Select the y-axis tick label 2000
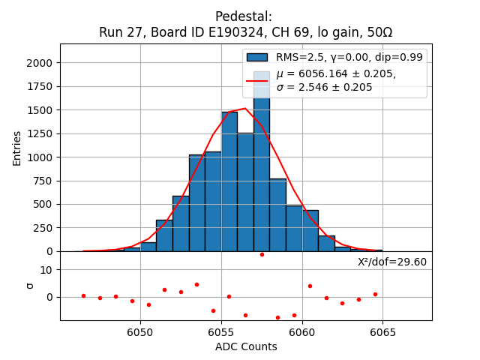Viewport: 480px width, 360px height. (x=41, y=63)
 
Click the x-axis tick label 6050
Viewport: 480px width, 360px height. (x=140, y=332)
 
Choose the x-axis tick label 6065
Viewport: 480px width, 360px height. (x=382, y=332)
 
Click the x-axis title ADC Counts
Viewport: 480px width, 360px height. (x=246, y=346)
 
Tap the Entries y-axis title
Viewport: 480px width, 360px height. (x=17, y=148)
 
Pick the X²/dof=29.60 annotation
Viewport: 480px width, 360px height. (x=391, y=262)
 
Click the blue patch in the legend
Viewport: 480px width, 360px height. (x=257, y=57)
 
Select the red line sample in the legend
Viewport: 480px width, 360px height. (x=257, y=79)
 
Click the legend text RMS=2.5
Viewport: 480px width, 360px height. (x=295, y=57)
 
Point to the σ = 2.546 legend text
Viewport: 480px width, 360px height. (x=324, y=87)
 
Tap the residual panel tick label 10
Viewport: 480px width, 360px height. (x=46, y=270)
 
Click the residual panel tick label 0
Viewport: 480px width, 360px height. (x=49, y=297)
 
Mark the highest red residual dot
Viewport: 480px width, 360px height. (x=262, y=254)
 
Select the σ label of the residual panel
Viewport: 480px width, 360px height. (x=31, y=285)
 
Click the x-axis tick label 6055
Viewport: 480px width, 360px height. (x=221, y=332)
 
